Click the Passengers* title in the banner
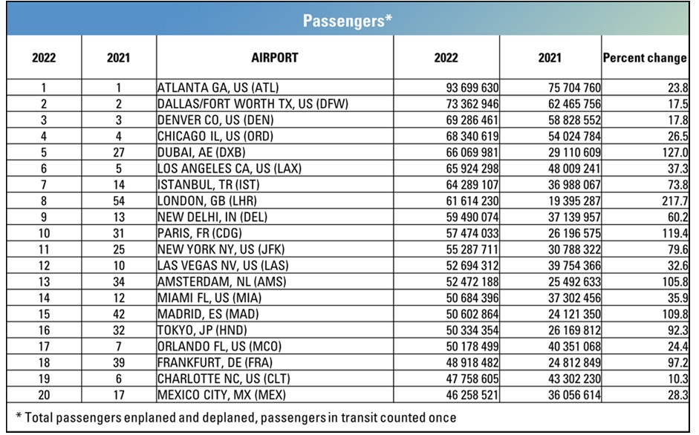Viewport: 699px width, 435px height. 347,21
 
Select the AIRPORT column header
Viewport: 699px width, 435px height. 275,57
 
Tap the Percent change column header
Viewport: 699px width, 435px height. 645,58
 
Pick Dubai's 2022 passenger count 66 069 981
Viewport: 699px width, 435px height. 472,152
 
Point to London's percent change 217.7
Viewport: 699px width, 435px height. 675,201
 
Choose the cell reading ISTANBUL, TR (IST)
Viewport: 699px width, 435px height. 208,185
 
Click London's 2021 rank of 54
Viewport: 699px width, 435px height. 119,201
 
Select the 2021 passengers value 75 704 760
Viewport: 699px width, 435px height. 574,88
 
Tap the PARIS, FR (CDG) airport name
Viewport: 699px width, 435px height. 199,233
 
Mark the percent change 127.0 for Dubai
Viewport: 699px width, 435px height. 675,152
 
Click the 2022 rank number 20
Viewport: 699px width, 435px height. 44,395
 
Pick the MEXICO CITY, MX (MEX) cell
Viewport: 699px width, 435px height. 221,395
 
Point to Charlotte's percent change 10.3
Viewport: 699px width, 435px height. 678,379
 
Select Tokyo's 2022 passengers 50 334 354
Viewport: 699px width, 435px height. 472,330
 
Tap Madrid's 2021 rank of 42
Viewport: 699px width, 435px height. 119,314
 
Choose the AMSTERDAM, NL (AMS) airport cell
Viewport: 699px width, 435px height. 221,281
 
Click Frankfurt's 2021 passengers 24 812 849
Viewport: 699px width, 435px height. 574,363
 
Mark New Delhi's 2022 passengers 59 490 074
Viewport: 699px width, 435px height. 472,217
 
